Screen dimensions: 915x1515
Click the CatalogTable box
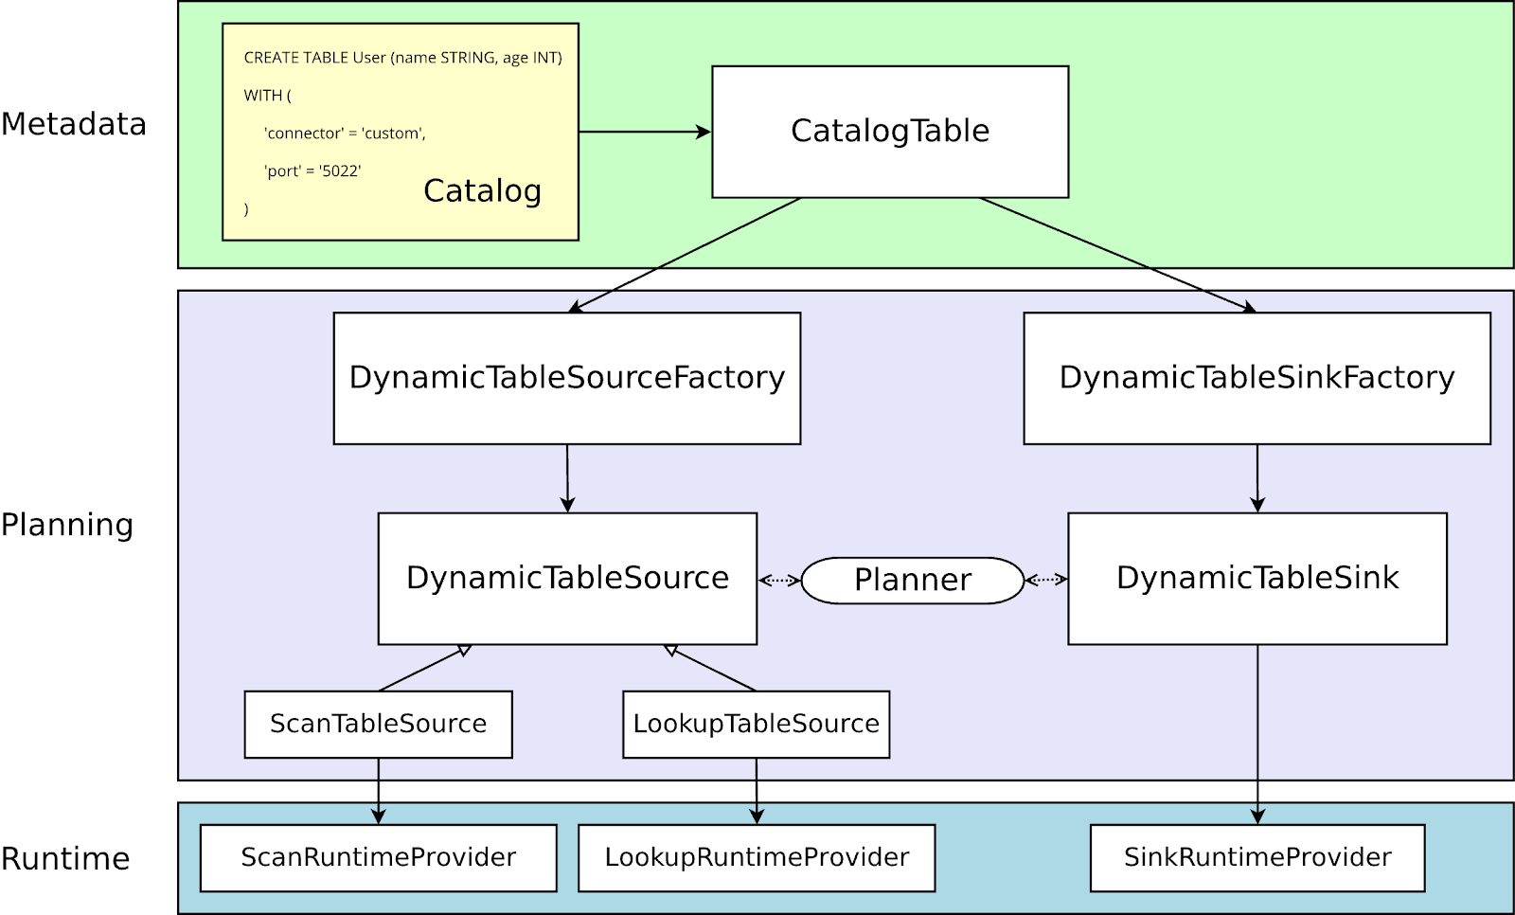[x=890, y=131]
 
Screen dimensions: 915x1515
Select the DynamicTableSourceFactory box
[x=566, y=378]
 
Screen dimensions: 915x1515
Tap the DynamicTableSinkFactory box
[x=1257, y=378]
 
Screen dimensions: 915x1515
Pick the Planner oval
[x=912, y=580]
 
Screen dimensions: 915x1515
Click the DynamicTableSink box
[x=1257, y=578]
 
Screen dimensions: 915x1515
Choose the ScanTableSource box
[x=378, y=724]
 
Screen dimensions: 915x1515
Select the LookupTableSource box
[x=756, y=724]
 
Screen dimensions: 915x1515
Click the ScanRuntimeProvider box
[x=378, y=857]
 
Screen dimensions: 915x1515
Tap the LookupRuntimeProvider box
[x=756, y=857]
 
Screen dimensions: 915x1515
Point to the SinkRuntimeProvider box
[x=1257, y=857]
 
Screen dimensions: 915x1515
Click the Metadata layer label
[x=74, y=124]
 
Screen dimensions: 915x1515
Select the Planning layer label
[x=67, y=525]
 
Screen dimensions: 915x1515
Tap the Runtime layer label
[x=65, y=859]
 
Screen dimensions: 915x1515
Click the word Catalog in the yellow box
[x=482, y=191]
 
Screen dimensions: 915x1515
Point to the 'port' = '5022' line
[x=312, y=171]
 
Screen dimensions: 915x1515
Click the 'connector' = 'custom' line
[x=345, y=134]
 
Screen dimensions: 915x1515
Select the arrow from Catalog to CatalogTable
[x=644, y=132]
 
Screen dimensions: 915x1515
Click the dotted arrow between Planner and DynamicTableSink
[x=1045, y=580]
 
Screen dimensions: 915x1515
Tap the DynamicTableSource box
[x=566, y=578]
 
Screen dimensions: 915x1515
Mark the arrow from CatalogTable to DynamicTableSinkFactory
[x=1117, y=254]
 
